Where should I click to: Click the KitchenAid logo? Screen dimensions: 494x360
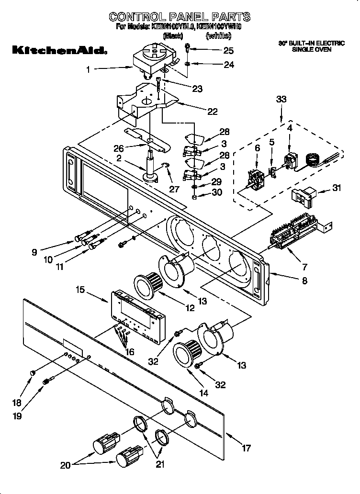coord(58,50)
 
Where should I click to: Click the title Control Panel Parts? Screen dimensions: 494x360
coord(179,17)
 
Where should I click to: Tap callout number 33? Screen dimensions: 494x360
coord(281,100)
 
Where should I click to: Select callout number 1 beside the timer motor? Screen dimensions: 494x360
coord(88,69)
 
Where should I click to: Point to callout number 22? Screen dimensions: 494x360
coord(212,112)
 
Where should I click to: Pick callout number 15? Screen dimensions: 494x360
coord(81,290)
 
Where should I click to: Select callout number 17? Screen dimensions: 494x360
coord(246,449)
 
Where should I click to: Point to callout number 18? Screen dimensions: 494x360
coord(16,403)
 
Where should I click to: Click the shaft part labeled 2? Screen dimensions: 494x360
coord(153,168)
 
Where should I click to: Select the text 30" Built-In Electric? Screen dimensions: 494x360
coord(312,44)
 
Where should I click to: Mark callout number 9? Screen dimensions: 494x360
coord(34,252)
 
